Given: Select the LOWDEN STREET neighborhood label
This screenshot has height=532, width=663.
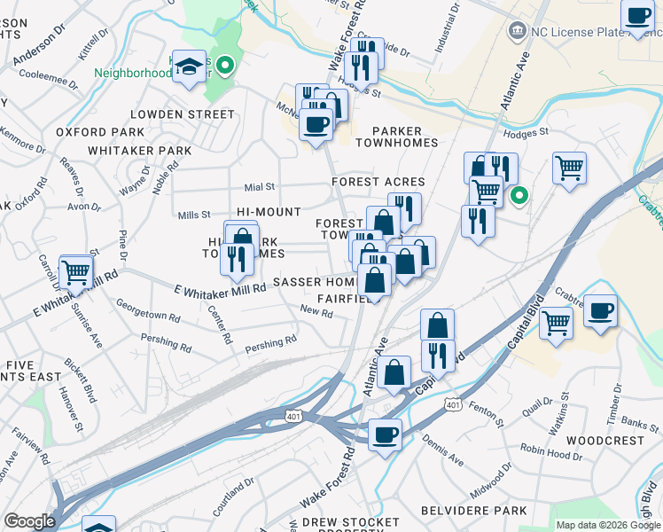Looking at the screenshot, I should pos(182,114).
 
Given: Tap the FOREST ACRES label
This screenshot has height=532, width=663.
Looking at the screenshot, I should pos(378,182).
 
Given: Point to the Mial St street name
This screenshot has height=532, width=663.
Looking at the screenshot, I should pos(260,187).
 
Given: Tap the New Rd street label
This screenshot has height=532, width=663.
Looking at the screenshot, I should pos(316,312).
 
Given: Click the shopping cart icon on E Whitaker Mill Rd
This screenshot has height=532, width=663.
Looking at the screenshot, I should pos(76,272).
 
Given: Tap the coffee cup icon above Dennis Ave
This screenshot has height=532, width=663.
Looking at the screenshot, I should pos(385,434).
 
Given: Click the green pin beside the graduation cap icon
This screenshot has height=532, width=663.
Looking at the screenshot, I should pos(225,65).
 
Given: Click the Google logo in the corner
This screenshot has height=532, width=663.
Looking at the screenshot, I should pos(29,521).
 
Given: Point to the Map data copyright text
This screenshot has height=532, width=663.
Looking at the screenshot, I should pos(608,525).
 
